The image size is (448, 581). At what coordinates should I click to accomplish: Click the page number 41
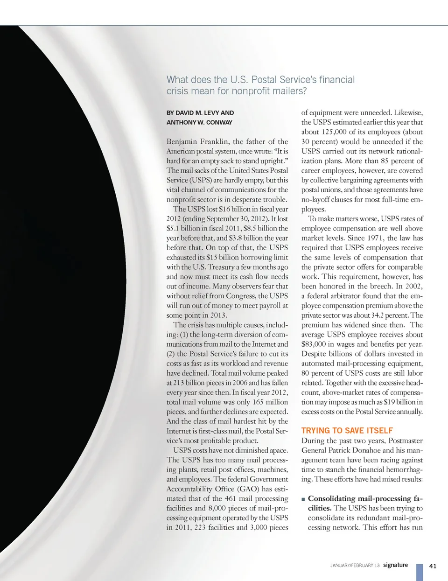pos(433,566)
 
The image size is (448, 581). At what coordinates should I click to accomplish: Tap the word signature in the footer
pos(395,565)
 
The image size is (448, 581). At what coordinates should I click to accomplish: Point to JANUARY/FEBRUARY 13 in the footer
pos(355,566)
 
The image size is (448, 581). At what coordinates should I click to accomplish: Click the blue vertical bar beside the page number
pos(420,572)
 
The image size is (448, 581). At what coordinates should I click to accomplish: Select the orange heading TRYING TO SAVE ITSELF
pos(347,431)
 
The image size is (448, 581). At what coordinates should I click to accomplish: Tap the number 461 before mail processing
pos(230,498)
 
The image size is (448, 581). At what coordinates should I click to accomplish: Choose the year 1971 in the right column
pos(376,238)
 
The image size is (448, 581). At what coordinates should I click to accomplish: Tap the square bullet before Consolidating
pos(303,499)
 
